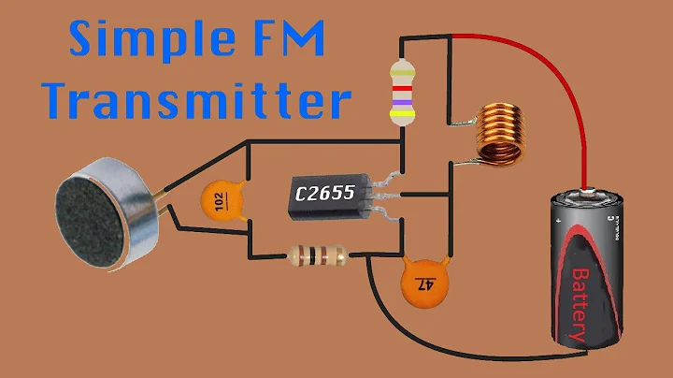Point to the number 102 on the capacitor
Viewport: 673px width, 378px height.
point(221,199)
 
